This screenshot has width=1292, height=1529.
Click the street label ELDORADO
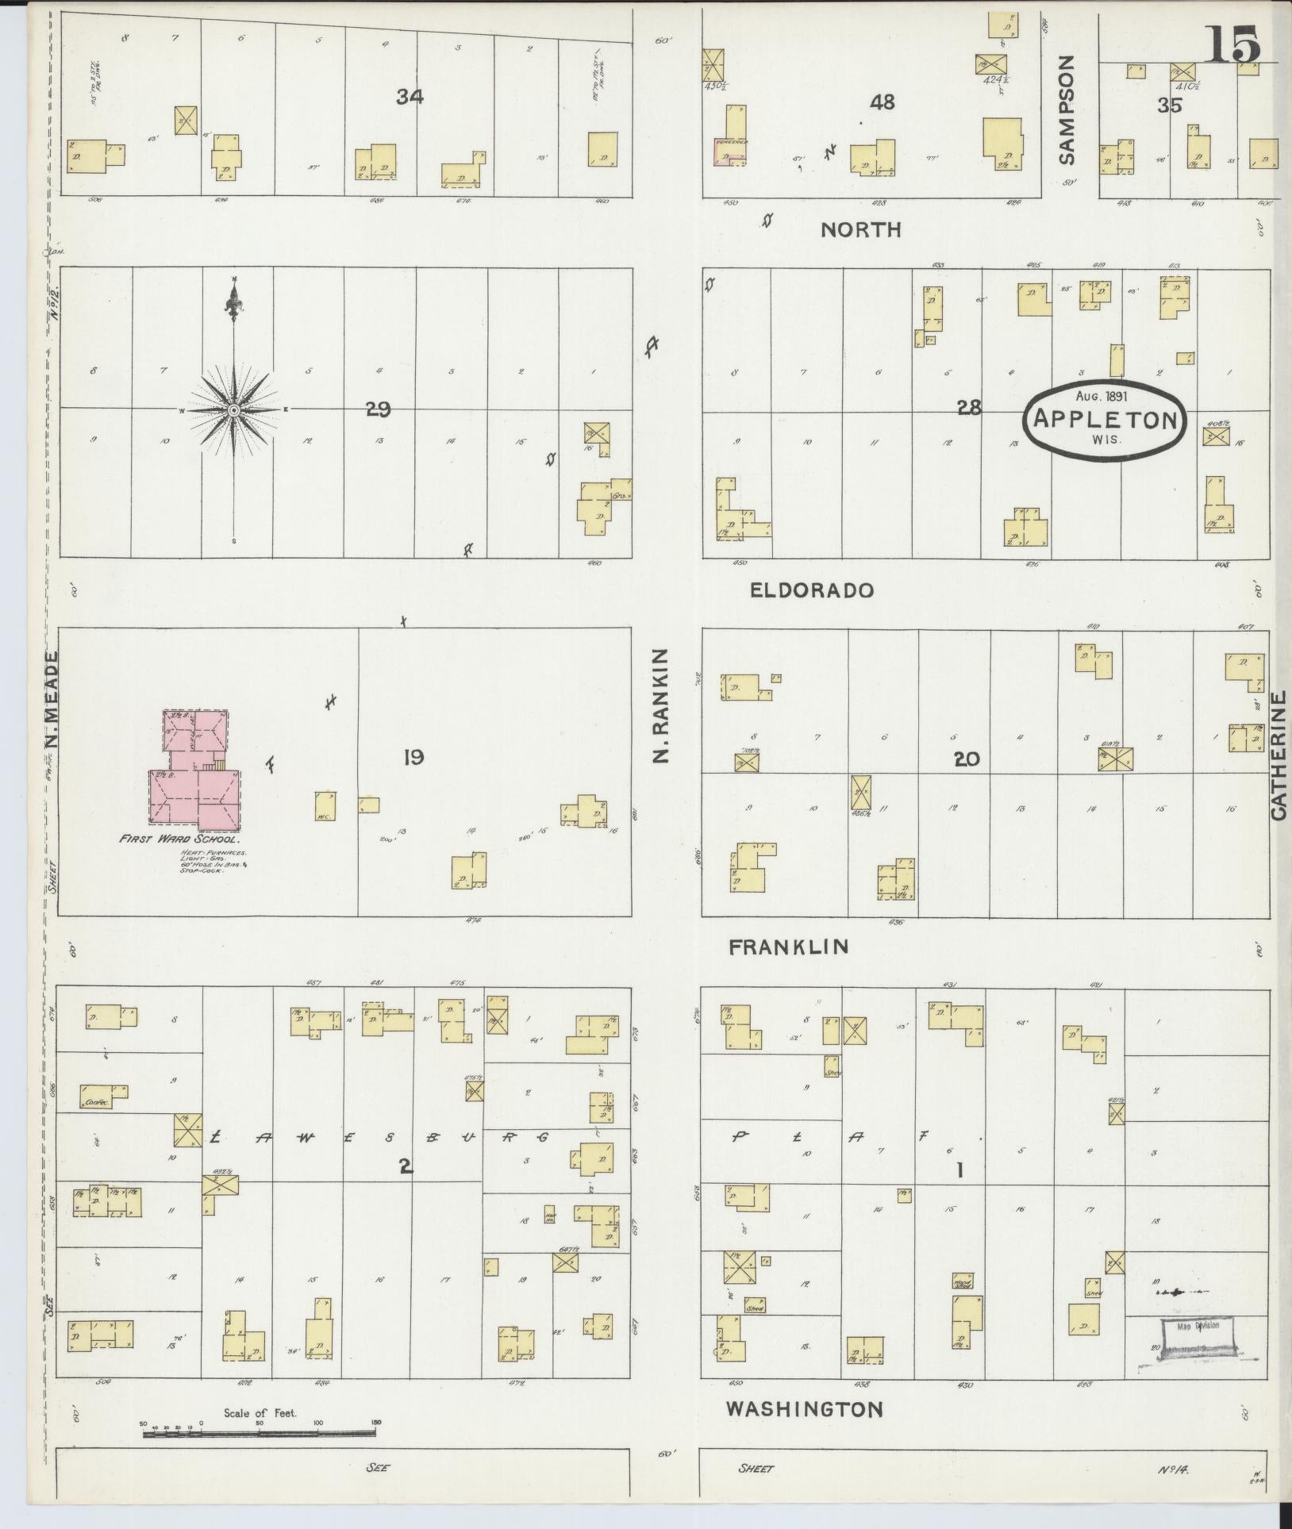pyautogui.click(x=812, y=590)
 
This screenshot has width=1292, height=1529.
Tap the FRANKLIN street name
pyautogui.click(x=789, y=947)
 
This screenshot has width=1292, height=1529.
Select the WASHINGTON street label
pyautogui.click(x=805, y=1408)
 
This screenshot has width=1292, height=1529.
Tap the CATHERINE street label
pyautogui.click(x=1277, y=755)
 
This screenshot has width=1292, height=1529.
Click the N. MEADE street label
pyautogui.click(x=52, y=701)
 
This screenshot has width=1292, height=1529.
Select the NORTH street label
pyautogui.click(x=861, y=230)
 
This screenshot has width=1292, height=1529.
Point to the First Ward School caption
pyautogui.click(x=180, y=838)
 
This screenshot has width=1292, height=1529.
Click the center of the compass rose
pyautogui.click(x=234, y=410)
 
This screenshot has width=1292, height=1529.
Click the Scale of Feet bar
pyautogui.click(x=258, y=1433)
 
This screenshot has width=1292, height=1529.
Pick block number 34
pyautogui.click(x=410, y=97)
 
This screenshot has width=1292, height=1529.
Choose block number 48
pyautogui.click(x=882, y=102)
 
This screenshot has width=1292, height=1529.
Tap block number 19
pyautogui.click(x=413, y=759)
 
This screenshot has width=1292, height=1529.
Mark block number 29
pyautogui.click(x=378, y=409)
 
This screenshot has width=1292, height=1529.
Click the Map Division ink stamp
pyautogui.click(x=1198, y=1340)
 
